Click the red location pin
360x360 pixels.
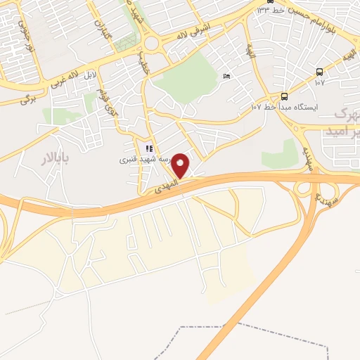pyautogui.click(x=181, y=165)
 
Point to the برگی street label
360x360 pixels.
pyautogui.click(x=27, y=100)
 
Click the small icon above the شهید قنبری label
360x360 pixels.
pyautogui.click(x=148, y=148)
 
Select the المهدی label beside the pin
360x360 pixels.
pyautogui.click(x=158, y=186)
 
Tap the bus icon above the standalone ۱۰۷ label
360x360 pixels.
pyautogui.click(x=320, y=72)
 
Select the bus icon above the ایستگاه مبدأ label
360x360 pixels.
pyautogui.click(x=284, y=96)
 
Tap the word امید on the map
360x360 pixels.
pyautogui.click(x=345, y=131)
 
